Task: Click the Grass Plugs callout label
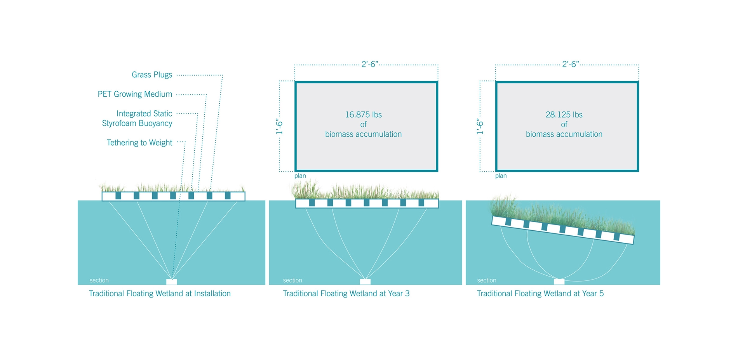pyautogui.click(x=152, y=75)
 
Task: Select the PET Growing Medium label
pyautogui.click(x=135, y=94)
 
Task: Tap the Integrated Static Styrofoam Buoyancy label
pyautogui.click(x=137, y=118)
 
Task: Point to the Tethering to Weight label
pyautogui.click(x=139, y=143)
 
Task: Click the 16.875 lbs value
pyautogui.click(x=363, y=115)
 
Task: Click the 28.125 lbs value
pyautogui.click(x=564, y=115)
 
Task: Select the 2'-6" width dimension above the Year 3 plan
pyautogui.click(x=370, y=64)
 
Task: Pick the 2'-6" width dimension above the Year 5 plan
pyautogui.click(x=571, y=64)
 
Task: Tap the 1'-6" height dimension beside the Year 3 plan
pyautogui.click(x=279, y=127)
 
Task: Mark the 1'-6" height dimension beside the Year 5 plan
pyautogui.click(x=480, y=127)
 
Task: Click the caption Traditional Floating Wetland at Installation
pyautogui.click(x=160, y=294)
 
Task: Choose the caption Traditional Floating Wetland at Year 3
pyautogui.click(x=346, y=294)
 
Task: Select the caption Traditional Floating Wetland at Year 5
pyautogui.click(x=540, y=294)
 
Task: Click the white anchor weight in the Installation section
pyautogui.click(x=172, y=282)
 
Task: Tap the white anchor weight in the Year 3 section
pyautogui.click(x=365, y=282)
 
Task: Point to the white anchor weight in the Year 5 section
pyautogui.click(x=559, y=282)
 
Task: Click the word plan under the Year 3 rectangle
pyautogui.click(x=300, y=176)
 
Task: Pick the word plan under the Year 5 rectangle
pyautogui.click(x=501, y=176)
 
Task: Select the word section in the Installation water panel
pyautogui.click(x=99, y=280)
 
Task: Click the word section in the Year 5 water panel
pyautogui.click(x=487, y=280)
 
